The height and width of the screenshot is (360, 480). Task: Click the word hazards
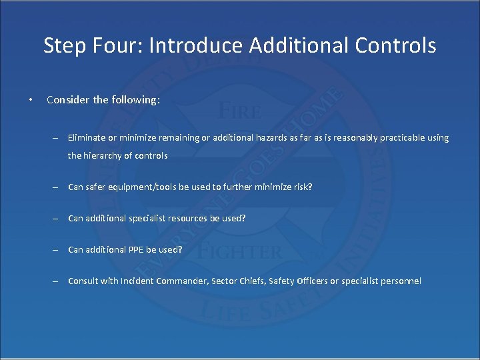pyautogui.click(x=287, y=138)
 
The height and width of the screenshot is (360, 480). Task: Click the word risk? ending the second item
pyautogui.click(x=301, y=187)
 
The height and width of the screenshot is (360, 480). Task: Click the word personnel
pyautogui.click(x=399, y=281)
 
